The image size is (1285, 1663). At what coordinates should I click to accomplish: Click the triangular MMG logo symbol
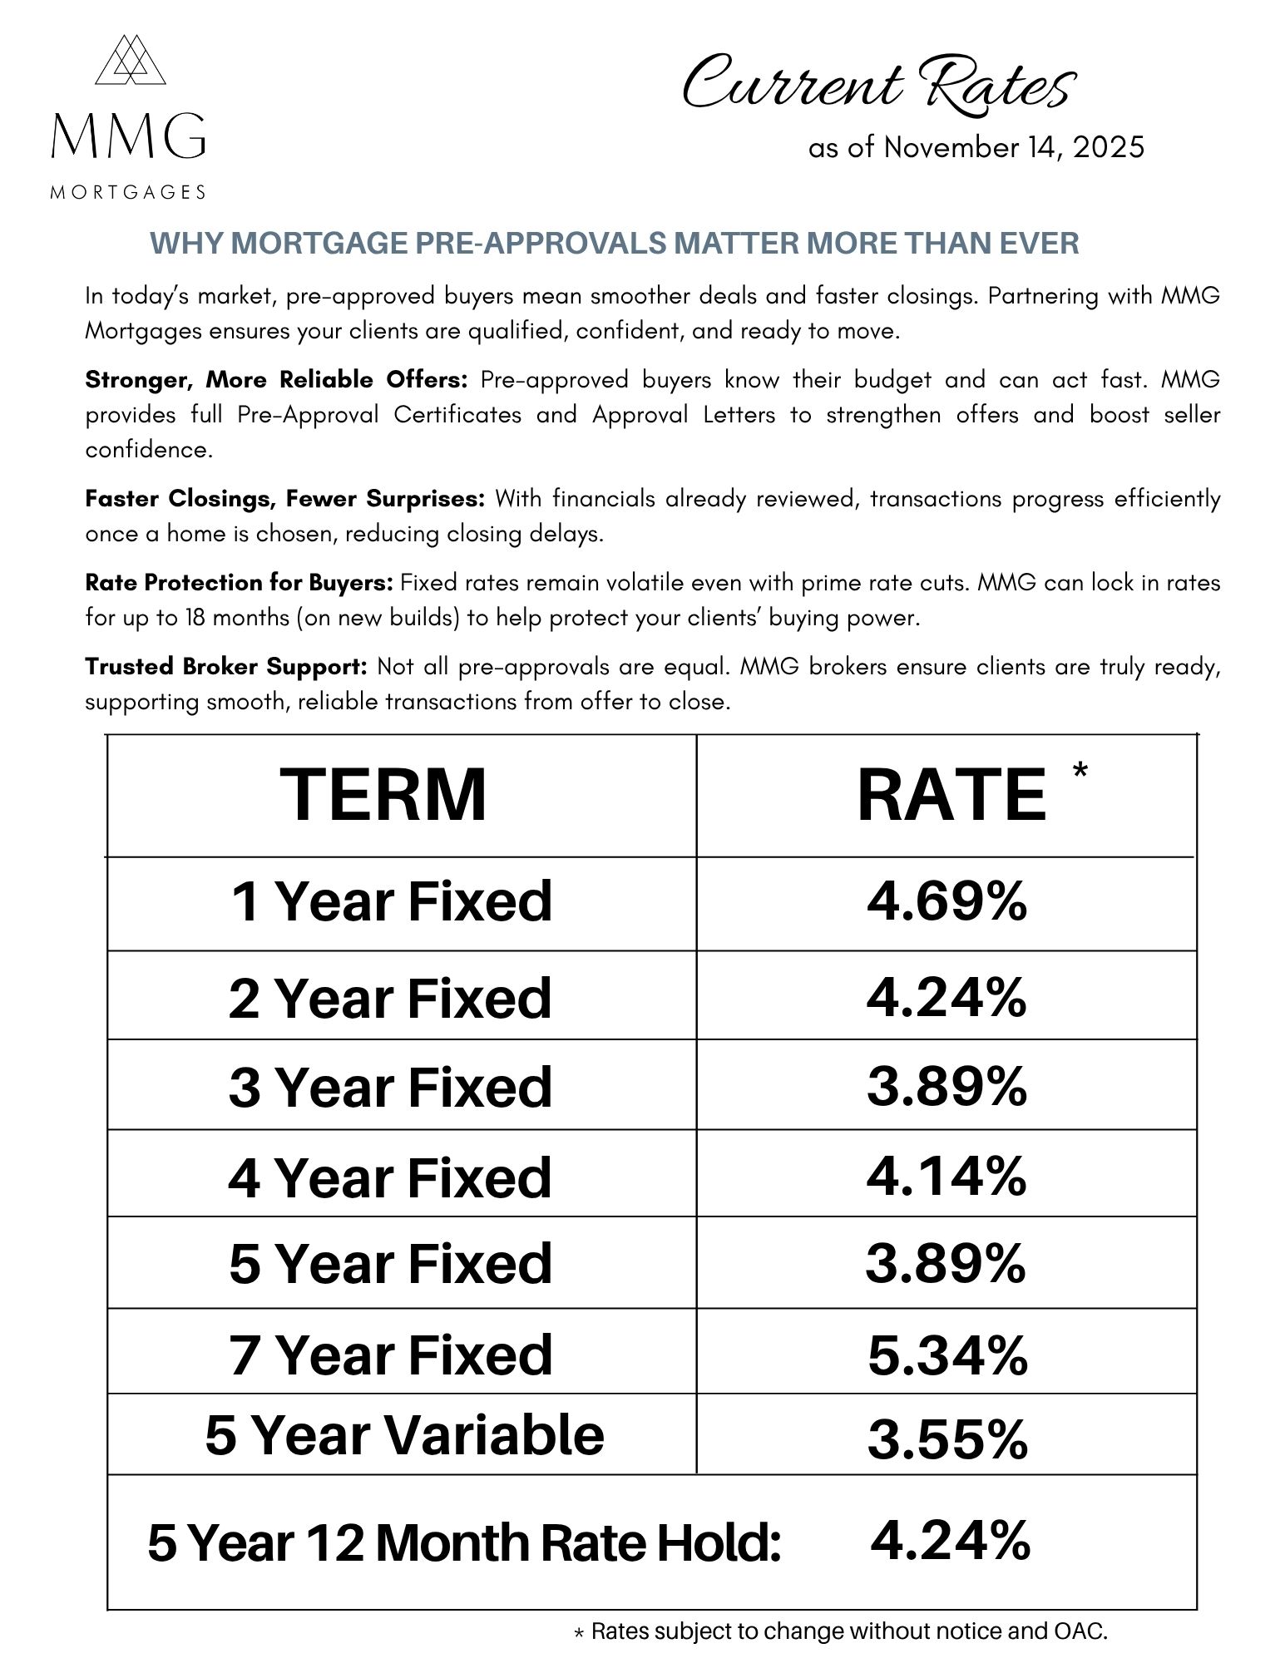[130, 60]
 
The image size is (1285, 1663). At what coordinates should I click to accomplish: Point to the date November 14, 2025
[1014, 148]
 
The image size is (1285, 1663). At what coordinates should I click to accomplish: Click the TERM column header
[383, 795]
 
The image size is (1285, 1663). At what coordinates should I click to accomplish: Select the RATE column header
[951, 795]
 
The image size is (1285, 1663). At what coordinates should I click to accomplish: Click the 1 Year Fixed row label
[391, 901]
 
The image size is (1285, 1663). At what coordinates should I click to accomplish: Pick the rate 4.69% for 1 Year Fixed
[946, 901]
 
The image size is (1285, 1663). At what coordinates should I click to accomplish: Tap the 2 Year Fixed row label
[390, 998]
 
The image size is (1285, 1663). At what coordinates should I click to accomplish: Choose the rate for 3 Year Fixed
[946, 1086]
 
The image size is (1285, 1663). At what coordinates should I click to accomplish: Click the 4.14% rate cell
[946, 1176]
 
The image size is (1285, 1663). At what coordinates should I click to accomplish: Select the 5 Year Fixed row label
[390, 1263]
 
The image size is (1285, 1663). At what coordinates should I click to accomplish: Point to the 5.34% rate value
[947, 1355]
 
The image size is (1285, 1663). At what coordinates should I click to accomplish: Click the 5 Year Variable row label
[404, 1436]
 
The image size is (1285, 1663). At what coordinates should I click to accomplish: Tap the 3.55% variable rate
[947, 1439]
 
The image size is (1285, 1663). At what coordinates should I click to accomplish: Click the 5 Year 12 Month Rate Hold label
[464, 1543]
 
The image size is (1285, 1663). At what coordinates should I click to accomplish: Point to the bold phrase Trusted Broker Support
[225, 667]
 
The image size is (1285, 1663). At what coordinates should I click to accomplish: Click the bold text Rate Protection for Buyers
[239, 583]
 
